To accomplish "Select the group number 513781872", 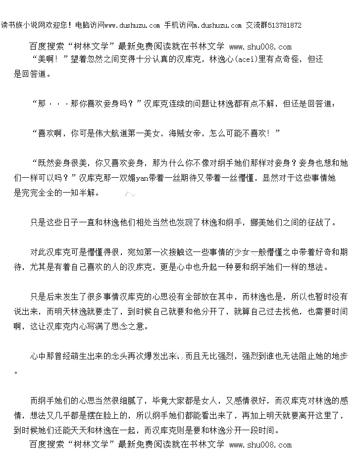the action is click(x=285, y=25).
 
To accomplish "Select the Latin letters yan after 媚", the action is click(x=142, y=178).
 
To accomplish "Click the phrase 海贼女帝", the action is click(x=185, y=134).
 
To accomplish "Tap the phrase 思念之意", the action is click(x=127, y=326).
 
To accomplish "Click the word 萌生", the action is click(x=70, y=356).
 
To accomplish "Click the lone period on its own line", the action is click(x=16, y=373).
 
